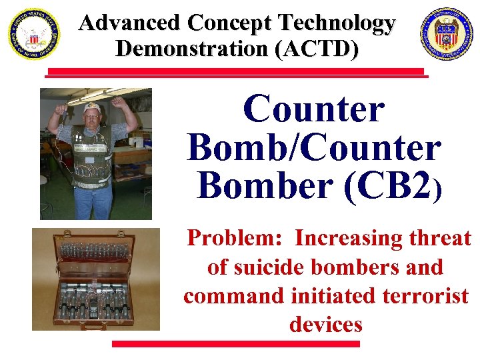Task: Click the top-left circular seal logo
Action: pyautogui.click(x=33, y=34)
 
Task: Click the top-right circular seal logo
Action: pyautogui.click(x=446, y=34)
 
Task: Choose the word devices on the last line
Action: pyautogui.click(x=325, y=325)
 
